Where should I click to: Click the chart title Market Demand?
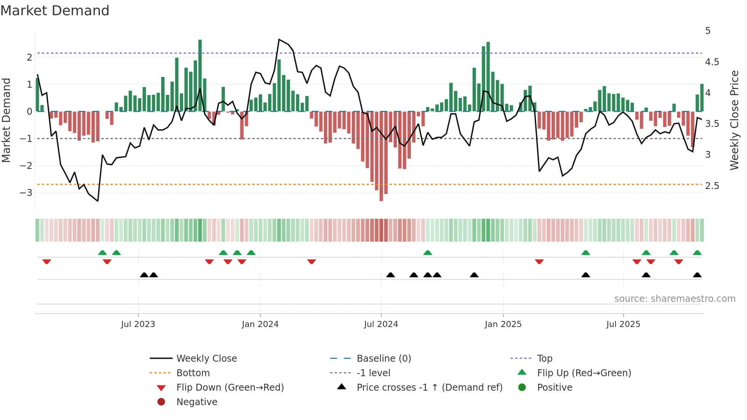[x=55, y=10]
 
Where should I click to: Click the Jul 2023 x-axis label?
[x=138, y=324]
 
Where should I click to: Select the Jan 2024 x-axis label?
[x=260, y=324]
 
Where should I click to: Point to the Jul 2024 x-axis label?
[x=381, y=324]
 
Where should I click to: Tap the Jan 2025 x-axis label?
[x=503, y=324]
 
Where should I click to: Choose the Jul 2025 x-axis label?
[x=623, y=324]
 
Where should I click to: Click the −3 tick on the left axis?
[x=26, y=192]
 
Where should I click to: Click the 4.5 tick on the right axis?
[x=712, y=62]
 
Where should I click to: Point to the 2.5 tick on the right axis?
[x=712, y=186]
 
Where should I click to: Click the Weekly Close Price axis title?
[x=734, y=120]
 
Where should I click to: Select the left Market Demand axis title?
[x=6, y=120]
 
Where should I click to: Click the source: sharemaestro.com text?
[x=675, y=298]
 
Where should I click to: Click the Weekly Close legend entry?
[x=206, y=358]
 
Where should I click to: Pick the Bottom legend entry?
[x=193, y=373]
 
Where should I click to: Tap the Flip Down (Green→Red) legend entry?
[x=230, y=387]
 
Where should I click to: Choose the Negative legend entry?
[x=197, y=402]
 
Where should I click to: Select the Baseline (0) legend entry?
[x=383, y=358]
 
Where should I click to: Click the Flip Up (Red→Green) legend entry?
[x=584, y=373]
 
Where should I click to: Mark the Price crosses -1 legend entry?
[x=429, y=387]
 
